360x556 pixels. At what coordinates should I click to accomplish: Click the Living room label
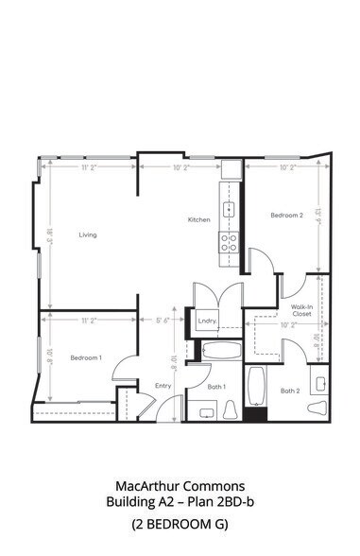coord(88,235)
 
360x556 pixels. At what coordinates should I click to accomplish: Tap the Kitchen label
coord(198,219)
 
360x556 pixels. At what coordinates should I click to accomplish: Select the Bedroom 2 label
coord(286,216)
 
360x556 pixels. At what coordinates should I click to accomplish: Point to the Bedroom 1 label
coord(86,356)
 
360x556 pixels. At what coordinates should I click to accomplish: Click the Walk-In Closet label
coord(302,311)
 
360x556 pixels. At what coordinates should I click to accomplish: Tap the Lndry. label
coord(208,321)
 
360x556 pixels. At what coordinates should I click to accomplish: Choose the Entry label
coord(163,385)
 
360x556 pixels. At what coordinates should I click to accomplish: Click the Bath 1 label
coord(216,386)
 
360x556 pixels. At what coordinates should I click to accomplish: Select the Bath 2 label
coord(289,391)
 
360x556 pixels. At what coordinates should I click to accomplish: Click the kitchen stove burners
coord(228,240)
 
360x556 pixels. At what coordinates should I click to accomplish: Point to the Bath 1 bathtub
coord(224,352)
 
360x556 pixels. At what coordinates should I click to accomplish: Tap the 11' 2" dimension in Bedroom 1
coord(89,321)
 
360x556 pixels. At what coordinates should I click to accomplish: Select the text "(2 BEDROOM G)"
coord(180,523)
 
